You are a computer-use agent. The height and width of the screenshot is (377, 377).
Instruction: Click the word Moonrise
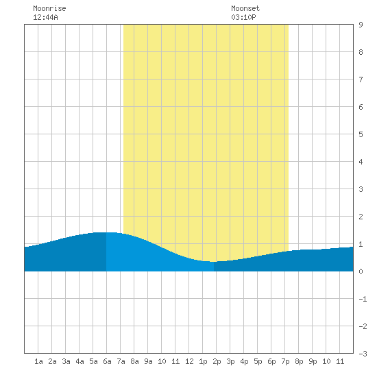pyautogui.click(x=49, y=8)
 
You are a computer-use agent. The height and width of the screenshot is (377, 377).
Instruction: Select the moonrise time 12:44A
pyautogui.click(x=45, y=17)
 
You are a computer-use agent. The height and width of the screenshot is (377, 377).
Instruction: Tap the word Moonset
pyautogui.click(x=245, y=8)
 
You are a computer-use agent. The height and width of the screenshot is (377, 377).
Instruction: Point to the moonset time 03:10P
pyautogui.click(x=243, y=17)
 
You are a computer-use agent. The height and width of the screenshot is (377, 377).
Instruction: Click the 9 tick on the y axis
pyautogui.click(x=361, y=25)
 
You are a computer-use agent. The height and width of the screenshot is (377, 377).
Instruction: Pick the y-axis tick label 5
pyautogui.click(x=361, y=134)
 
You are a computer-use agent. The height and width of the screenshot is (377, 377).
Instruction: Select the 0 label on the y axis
pyautogui.click(x=361, y=271)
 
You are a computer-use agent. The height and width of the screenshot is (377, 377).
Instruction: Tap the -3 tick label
pyautogui.click(x=363, y=354)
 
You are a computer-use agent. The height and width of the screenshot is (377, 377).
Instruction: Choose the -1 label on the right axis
pyautogui.click(x=363, y=299)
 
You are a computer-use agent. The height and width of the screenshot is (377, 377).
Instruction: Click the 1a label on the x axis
pyautogui.click(x=38, y=361)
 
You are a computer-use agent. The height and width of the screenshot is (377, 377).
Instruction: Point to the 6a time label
pyautogui.click(x=107, y=361)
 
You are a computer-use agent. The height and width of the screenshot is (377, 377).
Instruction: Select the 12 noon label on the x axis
pyautogui.click(x=189, y=361)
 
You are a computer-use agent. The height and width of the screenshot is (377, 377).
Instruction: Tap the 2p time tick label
pyautogui.click(x=217, y=361)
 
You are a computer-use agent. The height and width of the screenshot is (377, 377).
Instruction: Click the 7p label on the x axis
pyautogui.click(x=285, y=361)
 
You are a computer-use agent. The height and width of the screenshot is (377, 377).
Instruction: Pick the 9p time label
pyautogui.click(x=313, y=361)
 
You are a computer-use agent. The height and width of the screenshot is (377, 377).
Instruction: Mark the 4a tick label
pyautogui.click(x=80, y=361)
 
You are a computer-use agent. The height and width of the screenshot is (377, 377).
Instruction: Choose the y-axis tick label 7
pyautogui.click(x=361, y=80)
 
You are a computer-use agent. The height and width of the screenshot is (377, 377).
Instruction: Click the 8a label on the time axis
pyautogui.click(x=134, y=361)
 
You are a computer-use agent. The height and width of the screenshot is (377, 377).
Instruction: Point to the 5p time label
pyautogui.click(x=258, y=361)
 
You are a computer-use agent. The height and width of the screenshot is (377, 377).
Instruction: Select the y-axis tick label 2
pyautogui.click(x=361, y=217)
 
